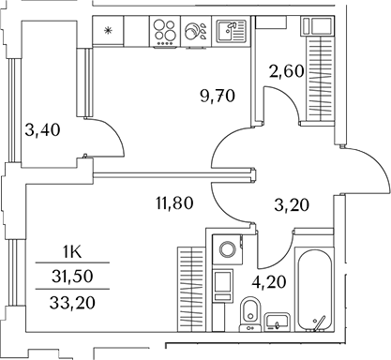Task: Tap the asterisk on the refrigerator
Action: (108, 32)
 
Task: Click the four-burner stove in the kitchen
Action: (166, 32)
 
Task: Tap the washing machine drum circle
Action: (223, 252)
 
